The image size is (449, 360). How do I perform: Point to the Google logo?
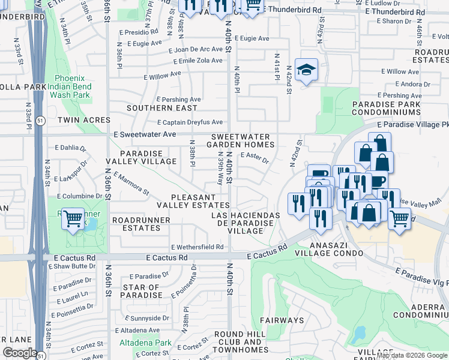[20, 353]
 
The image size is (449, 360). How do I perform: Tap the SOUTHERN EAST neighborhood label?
[161, 108]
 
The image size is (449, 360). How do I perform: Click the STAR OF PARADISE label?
[142, 292]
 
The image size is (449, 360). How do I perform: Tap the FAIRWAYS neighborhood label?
[282, 320]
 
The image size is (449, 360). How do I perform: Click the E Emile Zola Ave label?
[198, 61]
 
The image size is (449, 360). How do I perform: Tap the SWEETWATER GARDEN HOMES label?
[241, 141]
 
